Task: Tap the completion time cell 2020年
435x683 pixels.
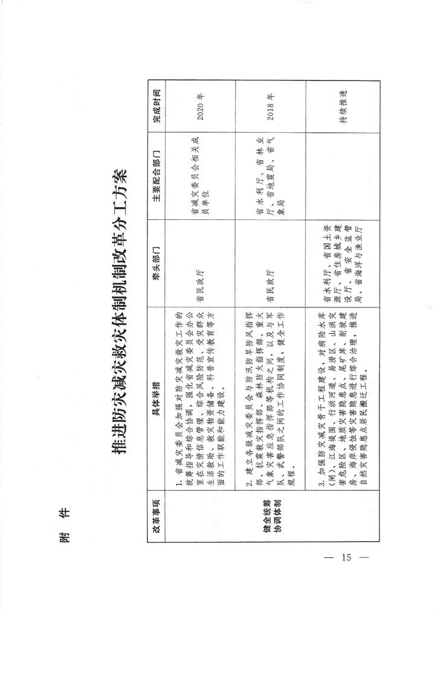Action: (199, 106)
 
